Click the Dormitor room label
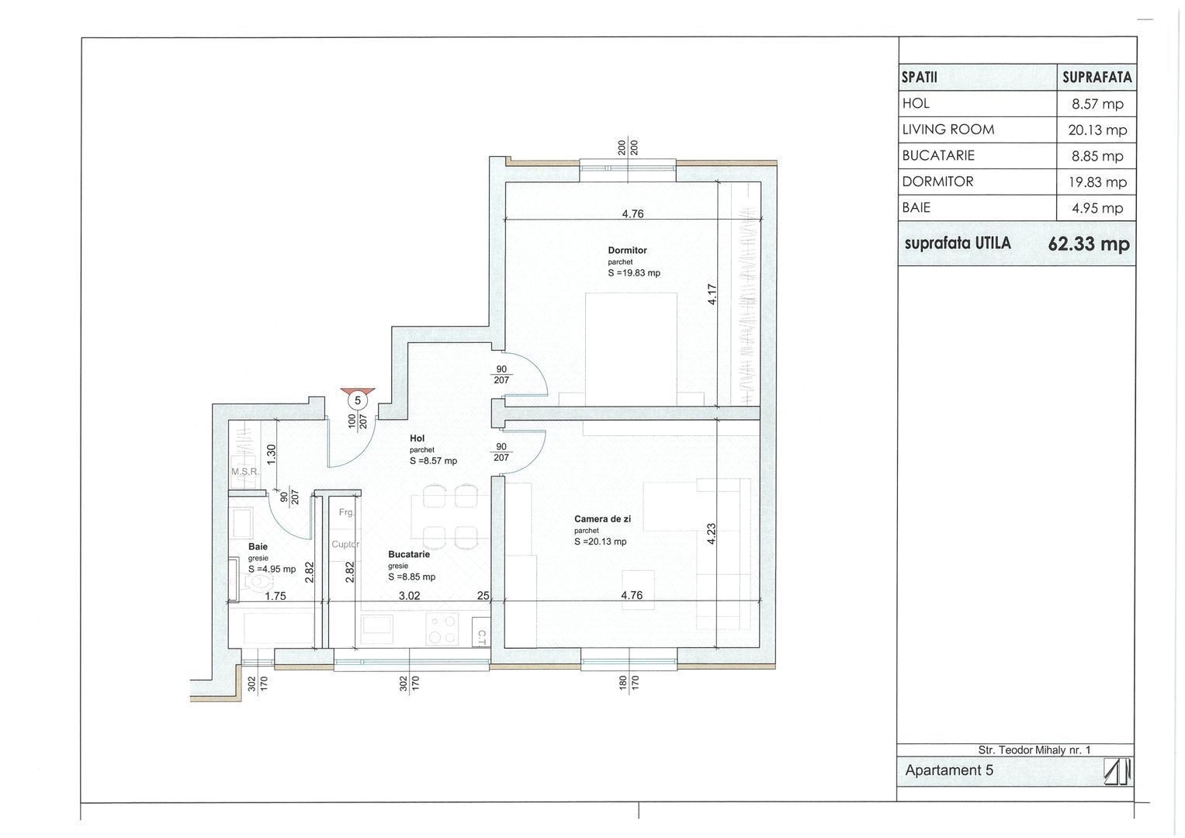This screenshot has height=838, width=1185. (627, 251)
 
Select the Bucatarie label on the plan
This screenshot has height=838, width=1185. (409, 555)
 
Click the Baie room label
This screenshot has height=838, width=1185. (258, 546)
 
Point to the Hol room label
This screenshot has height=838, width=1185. (418, 438)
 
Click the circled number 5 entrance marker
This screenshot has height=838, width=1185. (357, 400)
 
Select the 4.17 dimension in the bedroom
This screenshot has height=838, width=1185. (712, 294)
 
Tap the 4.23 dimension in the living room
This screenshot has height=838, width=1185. (712, 534)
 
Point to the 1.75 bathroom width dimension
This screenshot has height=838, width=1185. (275, 596)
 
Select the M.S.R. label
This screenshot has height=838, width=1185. (245, 472)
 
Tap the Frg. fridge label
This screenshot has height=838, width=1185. (345, 513)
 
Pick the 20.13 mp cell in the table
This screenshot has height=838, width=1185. (1097, 130)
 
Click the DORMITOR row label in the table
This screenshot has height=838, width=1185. (937, 182)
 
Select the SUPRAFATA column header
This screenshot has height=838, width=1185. (1097, 78)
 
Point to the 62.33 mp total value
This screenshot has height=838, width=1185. (1089, 244)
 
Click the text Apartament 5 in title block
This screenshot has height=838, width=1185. (948, 770)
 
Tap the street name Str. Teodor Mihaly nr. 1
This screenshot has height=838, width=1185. (1034, 750)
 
